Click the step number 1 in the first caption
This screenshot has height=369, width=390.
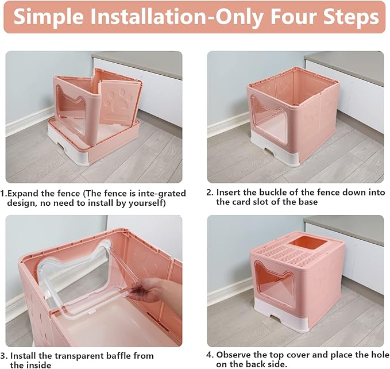pyautogui.click(x=3, y=193)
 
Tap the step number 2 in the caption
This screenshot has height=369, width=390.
pyautogui.click(x=210, y=192)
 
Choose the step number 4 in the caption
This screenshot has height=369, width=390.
pyautogui.click(x=210, y=355)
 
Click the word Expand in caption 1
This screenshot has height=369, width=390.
pyautogui.click(x=22, y=193)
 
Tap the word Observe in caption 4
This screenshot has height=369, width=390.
pyautogui.click(x=235, y=355)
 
